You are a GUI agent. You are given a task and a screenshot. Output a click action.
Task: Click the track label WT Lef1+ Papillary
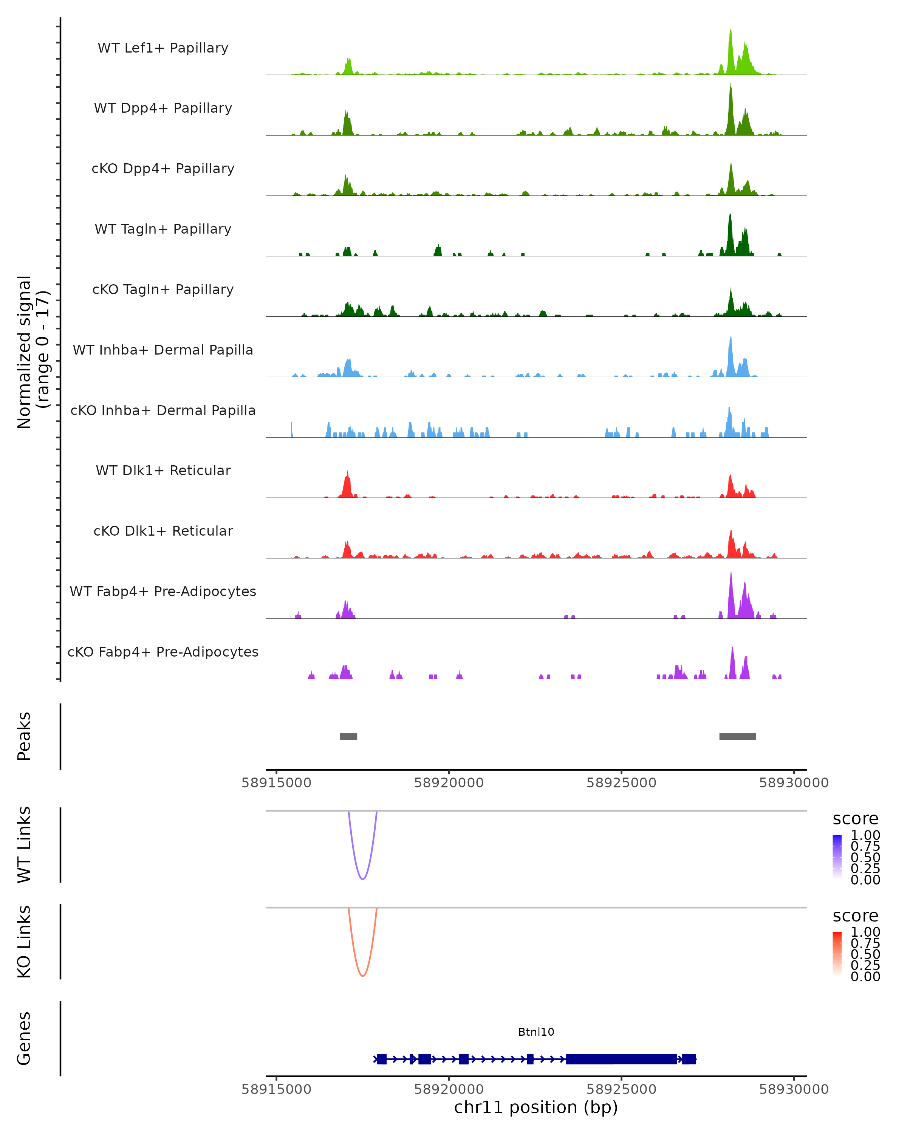[x=163, y=48]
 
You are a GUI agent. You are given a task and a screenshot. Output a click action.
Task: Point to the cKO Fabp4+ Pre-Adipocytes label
[x=163, y=652]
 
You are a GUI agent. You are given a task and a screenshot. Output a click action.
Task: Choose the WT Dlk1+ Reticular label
[x=163, y=470]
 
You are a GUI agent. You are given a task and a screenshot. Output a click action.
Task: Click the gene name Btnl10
[x=536, y=1032]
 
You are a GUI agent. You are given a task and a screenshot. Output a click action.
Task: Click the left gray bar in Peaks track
[x=348, y=736]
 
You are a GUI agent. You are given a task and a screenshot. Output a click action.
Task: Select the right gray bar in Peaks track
[x=737, y=736]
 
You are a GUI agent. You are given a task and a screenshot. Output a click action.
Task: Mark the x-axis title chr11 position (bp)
[x=536, y=1108]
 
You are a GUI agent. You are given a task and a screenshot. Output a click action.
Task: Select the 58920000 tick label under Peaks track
[x=449, y=783]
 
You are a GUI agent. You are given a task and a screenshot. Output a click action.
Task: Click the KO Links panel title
[x=24, y=942]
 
